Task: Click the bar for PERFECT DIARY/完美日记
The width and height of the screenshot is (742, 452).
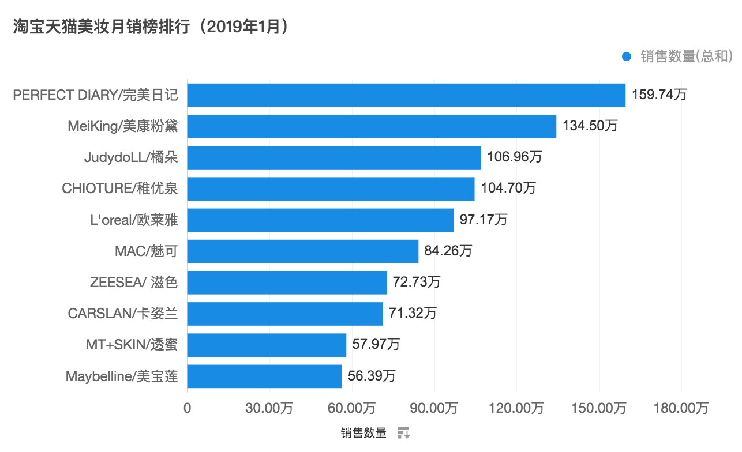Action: click(406, 95)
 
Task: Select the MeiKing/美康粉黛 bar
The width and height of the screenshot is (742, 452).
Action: click(372, 126)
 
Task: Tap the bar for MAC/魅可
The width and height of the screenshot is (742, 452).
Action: click(302, 251)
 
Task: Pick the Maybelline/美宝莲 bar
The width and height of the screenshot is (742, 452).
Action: click(264, 376)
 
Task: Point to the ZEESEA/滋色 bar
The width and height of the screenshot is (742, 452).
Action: click(287, 282)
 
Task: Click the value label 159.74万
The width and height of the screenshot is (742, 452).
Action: click(659, 95)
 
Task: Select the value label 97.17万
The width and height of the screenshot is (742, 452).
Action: click(484, 220)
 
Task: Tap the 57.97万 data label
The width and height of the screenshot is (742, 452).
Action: click(376, 345)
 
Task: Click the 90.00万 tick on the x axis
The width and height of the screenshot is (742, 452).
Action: click(434, 408)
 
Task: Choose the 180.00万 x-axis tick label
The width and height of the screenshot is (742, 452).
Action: click(681, 408)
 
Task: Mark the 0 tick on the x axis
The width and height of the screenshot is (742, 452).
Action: click(188, 408)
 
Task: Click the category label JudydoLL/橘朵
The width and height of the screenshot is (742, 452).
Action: click(130, 157)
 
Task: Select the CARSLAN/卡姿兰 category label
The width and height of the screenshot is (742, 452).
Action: click(122, 314)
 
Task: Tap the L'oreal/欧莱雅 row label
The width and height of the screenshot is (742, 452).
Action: click(134, 220)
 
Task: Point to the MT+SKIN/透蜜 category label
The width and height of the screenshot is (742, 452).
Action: click(131, 345)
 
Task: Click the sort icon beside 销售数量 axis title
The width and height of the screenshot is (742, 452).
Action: click(403, 433)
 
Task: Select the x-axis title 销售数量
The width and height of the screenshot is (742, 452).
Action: click(363, 433)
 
